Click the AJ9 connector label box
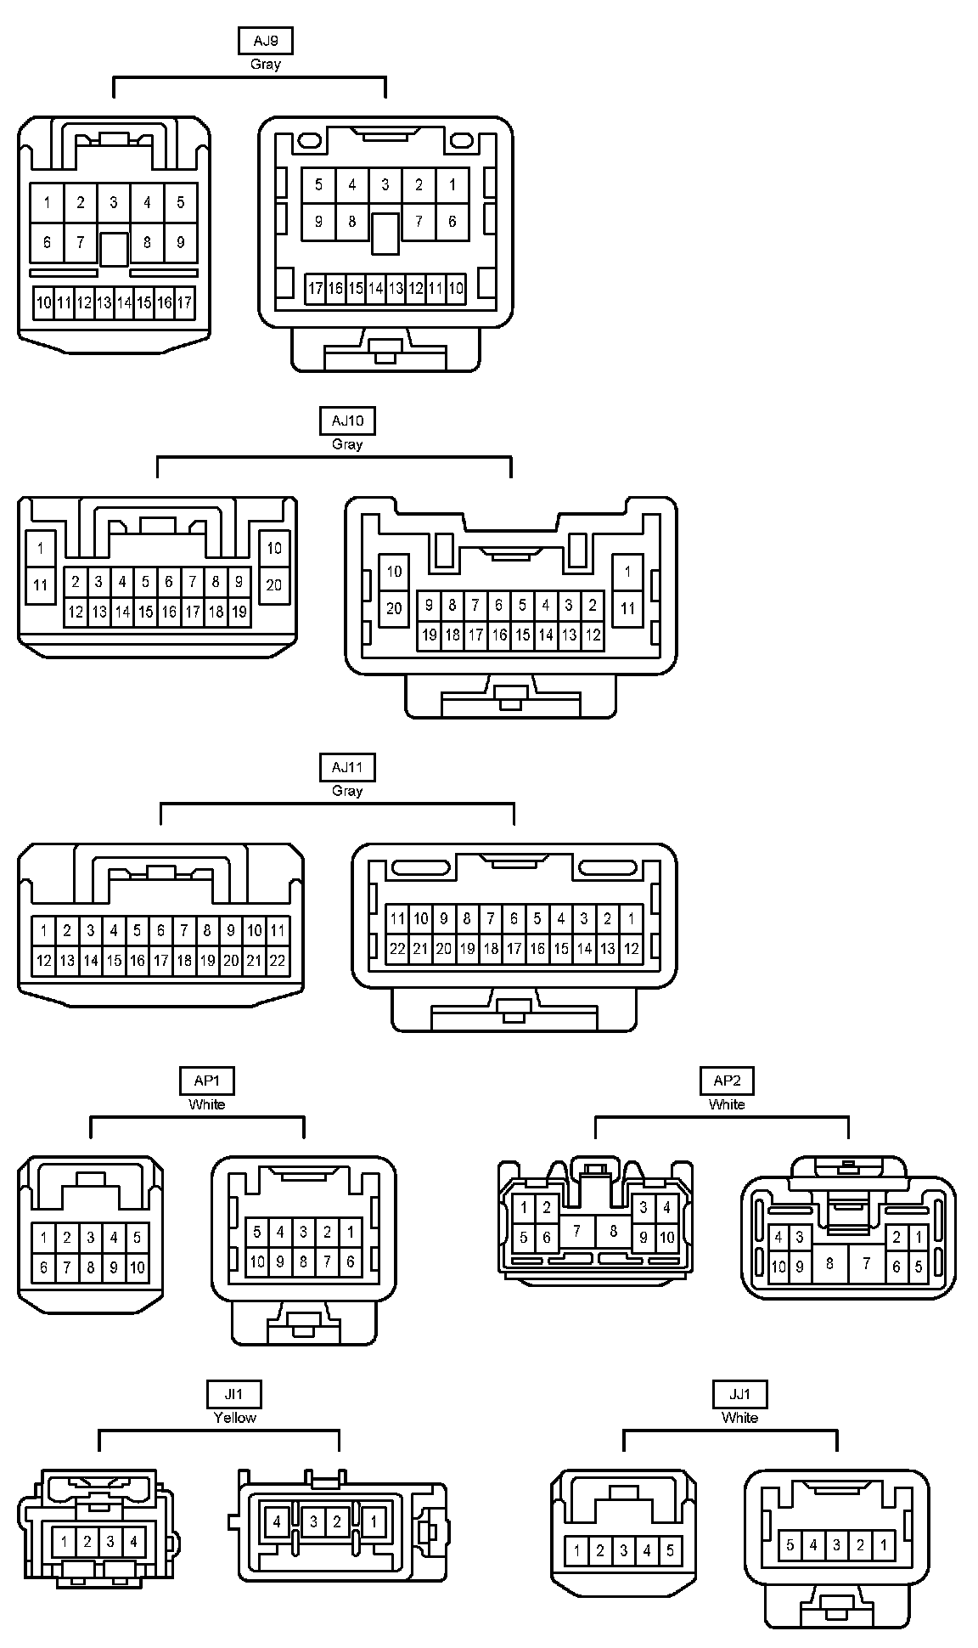point(266,41)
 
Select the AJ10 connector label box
point(347,420)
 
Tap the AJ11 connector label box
point(347,768)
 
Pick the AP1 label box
point(206,1081)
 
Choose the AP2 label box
point(727,1081)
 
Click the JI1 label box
point(234,1394)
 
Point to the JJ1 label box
point(739,1394)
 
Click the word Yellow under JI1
point(234,1417)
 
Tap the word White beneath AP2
point(727,1104)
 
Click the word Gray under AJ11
point(347,791)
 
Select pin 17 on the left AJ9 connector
point(184,302)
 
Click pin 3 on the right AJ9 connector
point(385,184)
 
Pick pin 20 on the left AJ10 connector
point(273,584)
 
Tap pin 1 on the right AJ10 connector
point(627,572)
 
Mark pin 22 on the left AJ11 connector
point(277,961)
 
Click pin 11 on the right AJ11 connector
point(396,918)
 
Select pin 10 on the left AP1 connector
point(137,1268)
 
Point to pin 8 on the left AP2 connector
point(612,1229)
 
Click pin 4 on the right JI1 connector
point(277,1521)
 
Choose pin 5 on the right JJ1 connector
point(790,1544)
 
